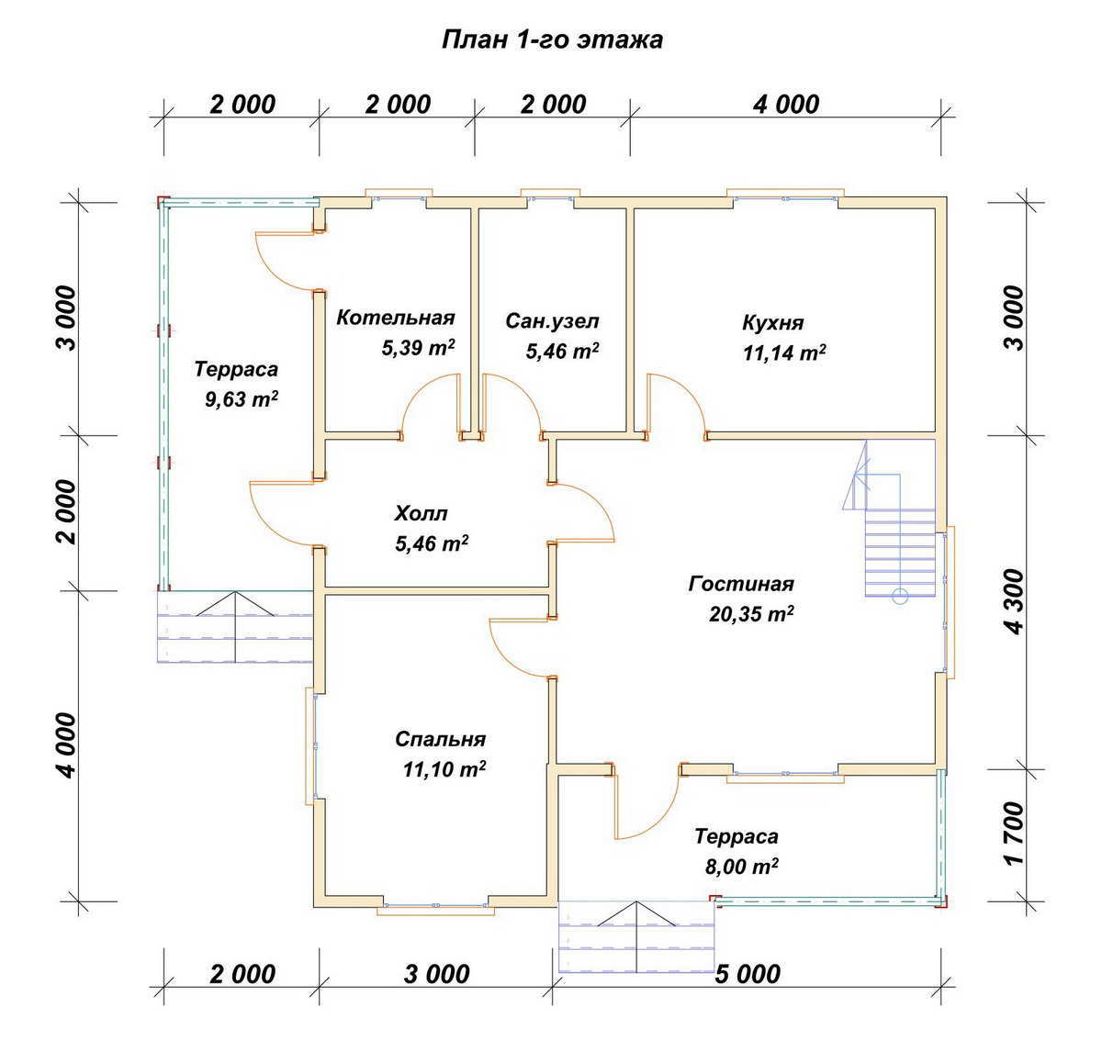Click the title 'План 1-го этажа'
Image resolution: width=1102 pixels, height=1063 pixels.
tap(552, 40)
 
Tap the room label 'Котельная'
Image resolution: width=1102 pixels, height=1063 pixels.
tap(395, 318)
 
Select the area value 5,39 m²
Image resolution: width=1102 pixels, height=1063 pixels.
tap(418, 348)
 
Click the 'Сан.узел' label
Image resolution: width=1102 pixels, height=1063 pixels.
tap(552, 321)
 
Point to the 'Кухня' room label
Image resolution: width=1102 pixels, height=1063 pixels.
tap(772, 323)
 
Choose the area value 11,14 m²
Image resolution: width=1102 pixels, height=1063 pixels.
tap(783, 353)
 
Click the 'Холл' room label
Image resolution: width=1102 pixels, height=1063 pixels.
tap(421, 514)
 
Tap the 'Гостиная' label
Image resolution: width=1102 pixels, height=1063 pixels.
tap(741, 584)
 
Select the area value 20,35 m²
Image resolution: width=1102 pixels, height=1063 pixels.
tap(751, 614)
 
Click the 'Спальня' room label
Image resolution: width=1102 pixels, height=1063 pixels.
tap(440, 739)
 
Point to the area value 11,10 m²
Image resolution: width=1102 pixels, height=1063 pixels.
tap(444, 769)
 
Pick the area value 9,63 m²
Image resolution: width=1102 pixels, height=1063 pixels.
tap(242, 399)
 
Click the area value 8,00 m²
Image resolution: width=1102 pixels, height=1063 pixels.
tap(741, 867)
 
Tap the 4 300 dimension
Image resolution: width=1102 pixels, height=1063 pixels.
tap(1017, 601)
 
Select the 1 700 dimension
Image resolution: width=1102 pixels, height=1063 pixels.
tap(1017, 834)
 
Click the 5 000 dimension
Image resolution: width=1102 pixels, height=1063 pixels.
tap(748, 974)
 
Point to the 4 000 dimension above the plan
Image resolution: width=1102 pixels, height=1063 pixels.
tap(786, 105)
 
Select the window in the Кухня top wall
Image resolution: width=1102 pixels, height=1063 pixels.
tap(785, 196)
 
